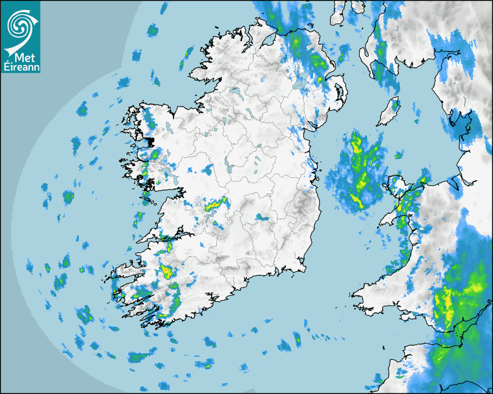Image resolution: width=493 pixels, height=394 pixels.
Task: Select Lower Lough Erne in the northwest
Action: pos(235,93)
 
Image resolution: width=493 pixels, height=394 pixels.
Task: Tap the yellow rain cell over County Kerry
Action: pos(168,271)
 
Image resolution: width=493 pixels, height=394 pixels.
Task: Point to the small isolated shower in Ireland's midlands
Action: pos(262,217)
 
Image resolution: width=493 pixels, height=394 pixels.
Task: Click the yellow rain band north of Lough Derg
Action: pos(215,203)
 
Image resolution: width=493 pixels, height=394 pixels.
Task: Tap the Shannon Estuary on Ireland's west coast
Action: pos(159,238)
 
